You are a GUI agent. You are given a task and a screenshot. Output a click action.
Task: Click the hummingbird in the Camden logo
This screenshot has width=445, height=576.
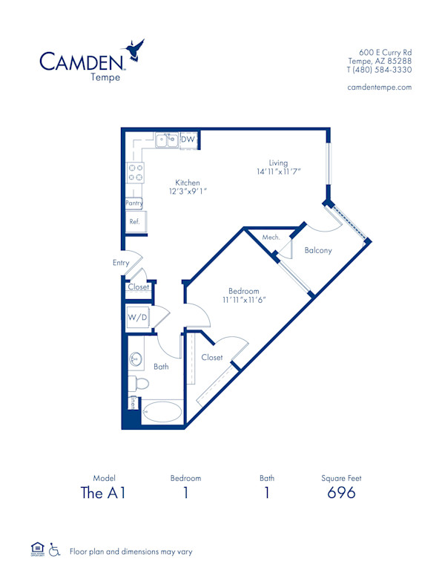point(136,49)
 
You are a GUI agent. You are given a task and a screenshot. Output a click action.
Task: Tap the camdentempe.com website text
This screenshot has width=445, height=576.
point(379,87)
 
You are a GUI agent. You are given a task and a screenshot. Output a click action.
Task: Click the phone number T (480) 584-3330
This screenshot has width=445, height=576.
point(379,70)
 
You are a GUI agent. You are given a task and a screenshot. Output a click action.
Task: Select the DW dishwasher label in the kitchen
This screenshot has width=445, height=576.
point(188,139)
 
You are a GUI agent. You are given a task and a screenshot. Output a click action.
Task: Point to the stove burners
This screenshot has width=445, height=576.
point(135,173)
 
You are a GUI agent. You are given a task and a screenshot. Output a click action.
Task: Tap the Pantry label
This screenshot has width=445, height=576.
point(133,203)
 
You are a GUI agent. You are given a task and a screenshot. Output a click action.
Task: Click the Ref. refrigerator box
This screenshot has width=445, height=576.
point(135,222)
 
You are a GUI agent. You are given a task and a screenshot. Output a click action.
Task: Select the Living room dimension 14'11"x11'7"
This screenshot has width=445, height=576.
point(278,171)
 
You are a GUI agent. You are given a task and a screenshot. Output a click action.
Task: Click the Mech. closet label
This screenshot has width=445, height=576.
point(271,238)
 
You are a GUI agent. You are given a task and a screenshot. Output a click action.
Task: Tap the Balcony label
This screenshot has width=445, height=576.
point(318,250)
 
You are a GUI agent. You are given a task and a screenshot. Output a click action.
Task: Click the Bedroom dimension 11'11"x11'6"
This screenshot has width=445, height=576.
point(243,300)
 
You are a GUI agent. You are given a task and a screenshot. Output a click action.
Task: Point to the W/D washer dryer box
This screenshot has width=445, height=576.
point(137,318)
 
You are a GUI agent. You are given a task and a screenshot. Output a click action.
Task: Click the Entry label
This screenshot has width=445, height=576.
point(121,263)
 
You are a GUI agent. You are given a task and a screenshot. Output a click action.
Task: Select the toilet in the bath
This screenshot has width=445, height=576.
point(139,384)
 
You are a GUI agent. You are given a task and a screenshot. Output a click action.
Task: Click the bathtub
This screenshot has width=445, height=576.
point(161,413)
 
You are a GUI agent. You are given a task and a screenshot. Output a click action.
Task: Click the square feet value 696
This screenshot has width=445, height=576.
point(341,493)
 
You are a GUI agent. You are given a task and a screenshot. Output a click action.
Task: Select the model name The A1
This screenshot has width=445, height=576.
point(105,493)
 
